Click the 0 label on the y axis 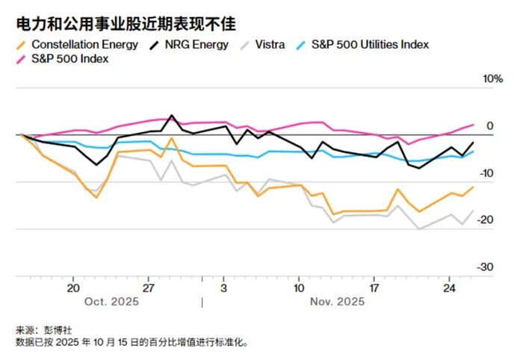point(489,126)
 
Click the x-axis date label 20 point(73,288)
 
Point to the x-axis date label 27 point(148,288)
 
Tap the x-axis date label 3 point(223,288)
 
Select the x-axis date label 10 point(299,288)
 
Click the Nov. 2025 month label point(337,302)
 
